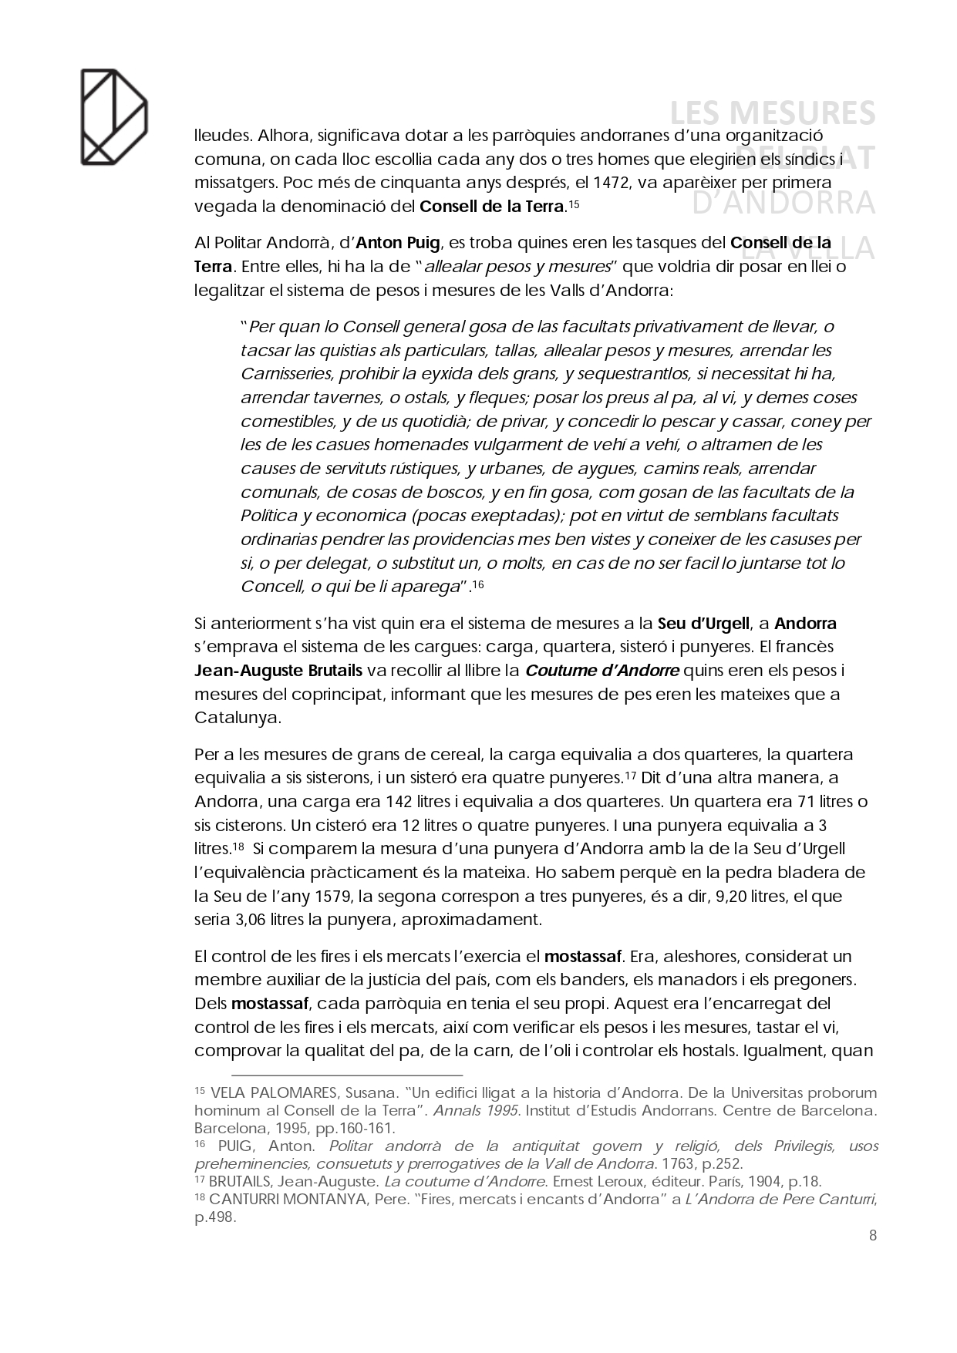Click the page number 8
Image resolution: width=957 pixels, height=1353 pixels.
872,1236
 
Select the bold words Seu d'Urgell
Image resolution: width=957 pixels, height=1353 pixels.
703,623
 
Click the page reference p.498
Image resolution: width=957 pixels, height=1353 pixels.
214,1217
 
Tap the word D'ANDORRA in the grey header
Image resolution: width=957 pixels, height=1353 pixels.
783,203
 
